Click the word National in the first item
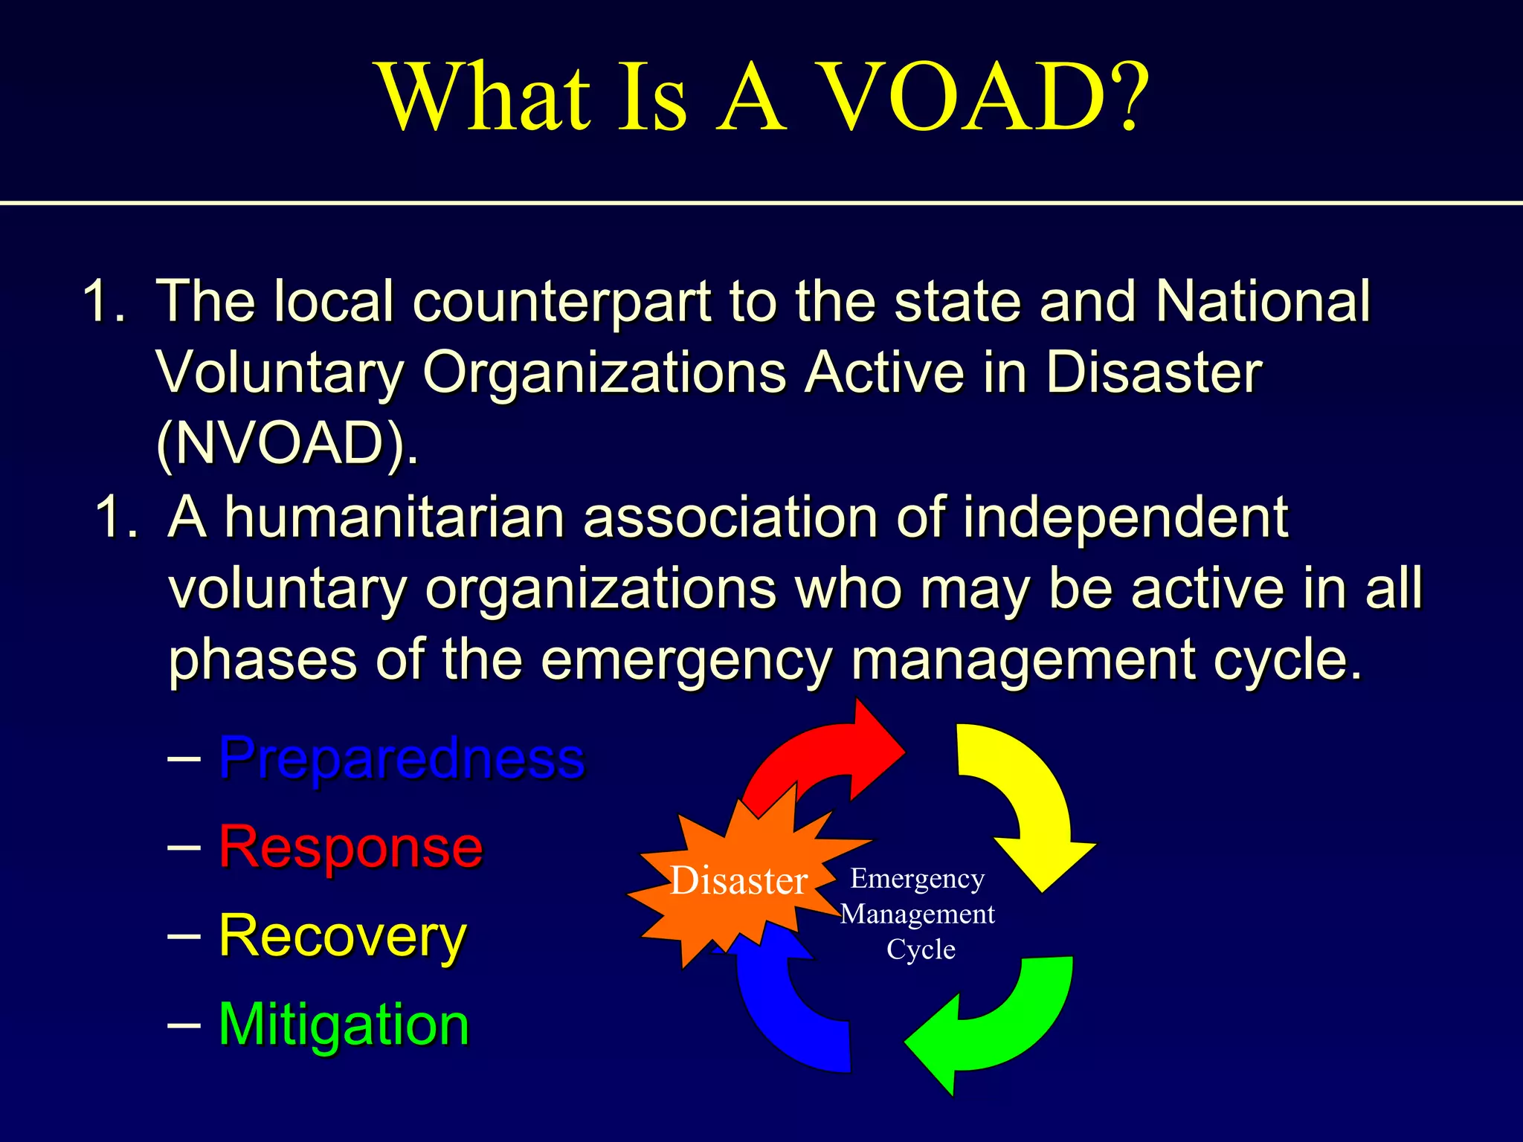click(x=1262, y=301)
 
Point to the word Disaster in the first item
click(x=1153, y=372)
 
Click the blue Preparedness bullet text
click(x=402, y=758)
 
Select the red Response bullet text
click(x=350, y=847)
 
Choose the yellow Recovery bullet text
click(x=343, y=936)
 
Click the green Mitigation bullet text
click(x=344, y=1025)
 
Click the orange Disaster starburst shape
click(x=736, y=881)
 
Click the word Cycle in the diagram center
click(x=921, y=949)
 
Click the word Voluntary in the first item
click(x=280, y=372)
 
